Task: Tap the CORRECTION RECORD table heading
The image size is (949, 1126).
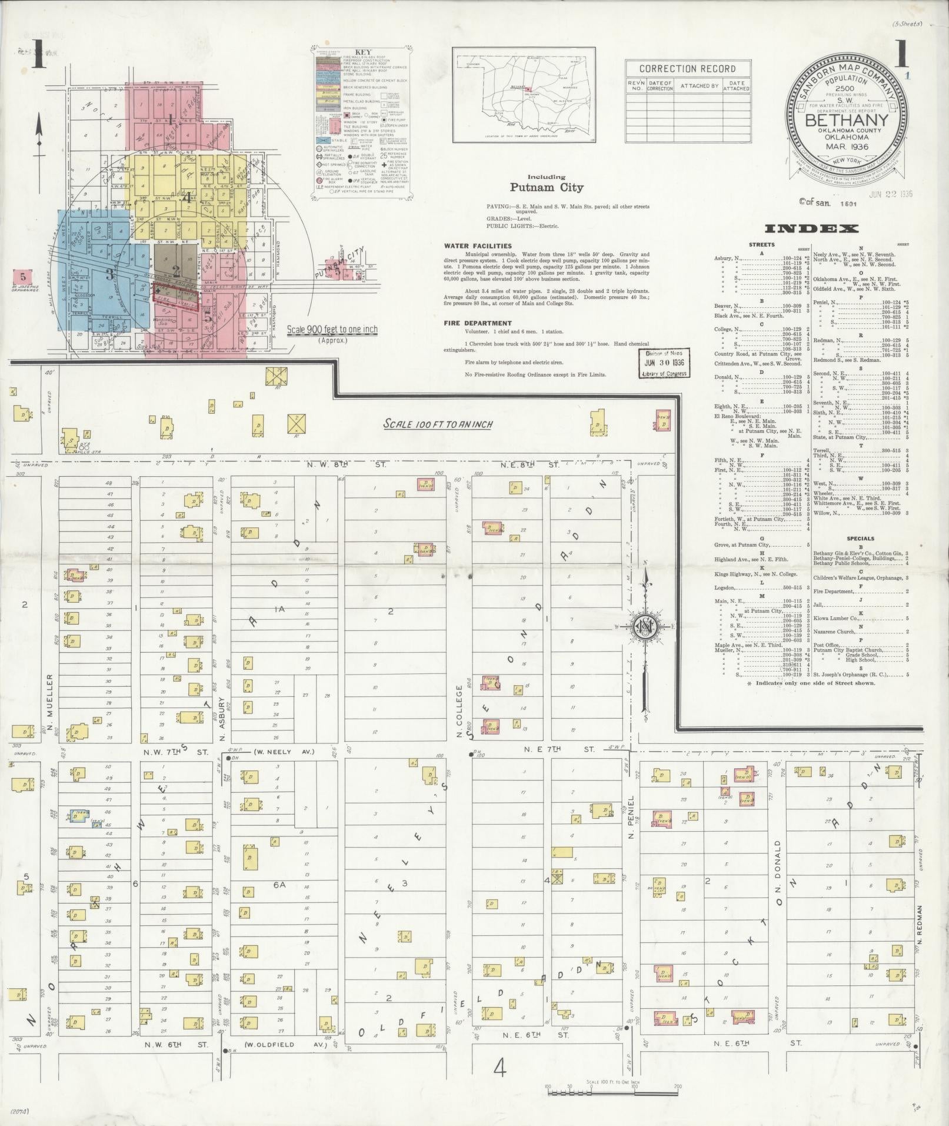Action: point(687,69)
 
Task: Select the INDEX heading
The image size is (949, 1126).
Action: point(811,229)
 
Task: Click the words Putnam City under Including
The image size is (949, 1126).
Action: point(547,188)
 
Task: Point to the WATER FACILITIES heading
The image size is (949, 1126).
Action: point(478,246)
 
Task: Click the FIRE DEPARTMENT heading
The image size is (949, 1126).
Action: point(478,323)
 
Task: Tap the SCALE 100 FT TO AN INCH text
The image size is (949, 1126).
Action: point(438,424)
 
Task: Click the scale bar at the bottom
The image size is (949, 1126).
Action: point(613,1092)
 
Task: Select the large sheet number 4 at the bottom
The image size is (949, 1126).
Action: point(500,1068)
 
